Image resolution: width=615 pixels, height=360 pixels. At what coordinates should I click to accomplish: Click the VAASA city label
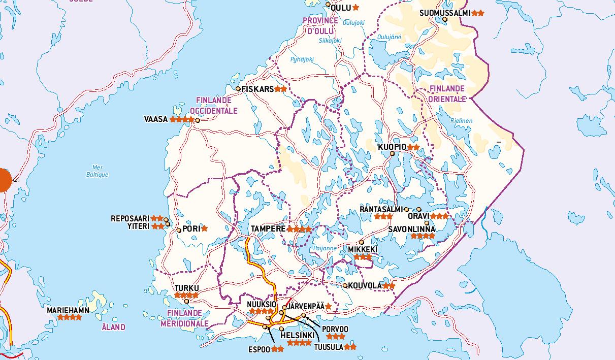(155, 119)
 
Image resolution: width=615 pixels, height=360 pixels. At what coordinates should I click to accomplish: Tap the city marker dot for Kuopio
(392, 154)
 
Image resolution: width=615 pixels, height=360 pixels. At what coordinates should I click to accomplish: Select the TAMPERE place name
(268, 229)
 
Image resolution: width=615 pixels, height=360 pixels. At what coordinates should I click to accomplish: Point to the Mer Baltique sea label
(97, 171)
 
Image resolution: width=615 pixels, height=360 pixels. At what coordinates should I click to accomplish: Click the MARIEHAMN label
(68, 310)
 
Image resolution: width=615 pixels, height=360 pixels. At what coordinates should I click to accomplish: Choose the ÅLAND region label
(112, 328)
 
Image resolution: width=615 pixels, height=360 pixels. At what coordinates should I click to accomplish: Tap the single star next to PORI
(205, 228)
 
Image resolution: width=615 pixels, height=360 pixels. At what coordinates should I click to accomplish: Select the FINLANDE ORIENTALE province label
(446, 94)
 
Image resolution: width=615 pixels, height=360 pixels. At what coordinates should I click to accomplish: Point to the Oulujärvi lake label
(390, 37)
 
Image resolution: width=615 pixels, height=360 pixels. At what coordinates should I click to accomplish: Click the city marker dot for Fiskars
(238, 89)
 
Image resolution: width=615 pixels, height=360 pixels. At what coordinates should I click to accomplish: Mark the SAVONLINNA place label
(412, 229)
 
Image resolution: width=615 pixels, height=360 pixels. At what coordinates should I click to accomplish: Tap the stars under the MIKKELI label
(363, 257)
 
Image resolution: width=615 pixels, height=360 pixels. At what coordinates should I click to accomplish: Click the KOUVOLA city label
(365, 286)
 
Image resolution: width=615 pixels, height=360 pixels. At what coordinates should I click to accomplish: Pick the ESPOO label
(259, 349)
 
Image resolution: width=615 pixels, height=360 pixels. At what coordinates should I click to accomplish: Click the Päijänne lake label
(325, 248)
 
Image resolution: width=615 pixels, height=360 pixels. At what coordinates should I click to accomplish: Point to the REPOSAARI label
(131, 219)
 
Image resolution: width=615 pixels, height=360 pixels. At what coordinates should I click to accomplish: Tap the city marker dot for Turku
(187, 302)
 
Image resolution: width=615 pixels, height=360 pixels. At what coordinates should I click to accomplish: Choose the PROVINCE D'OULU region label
(320, 25)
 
